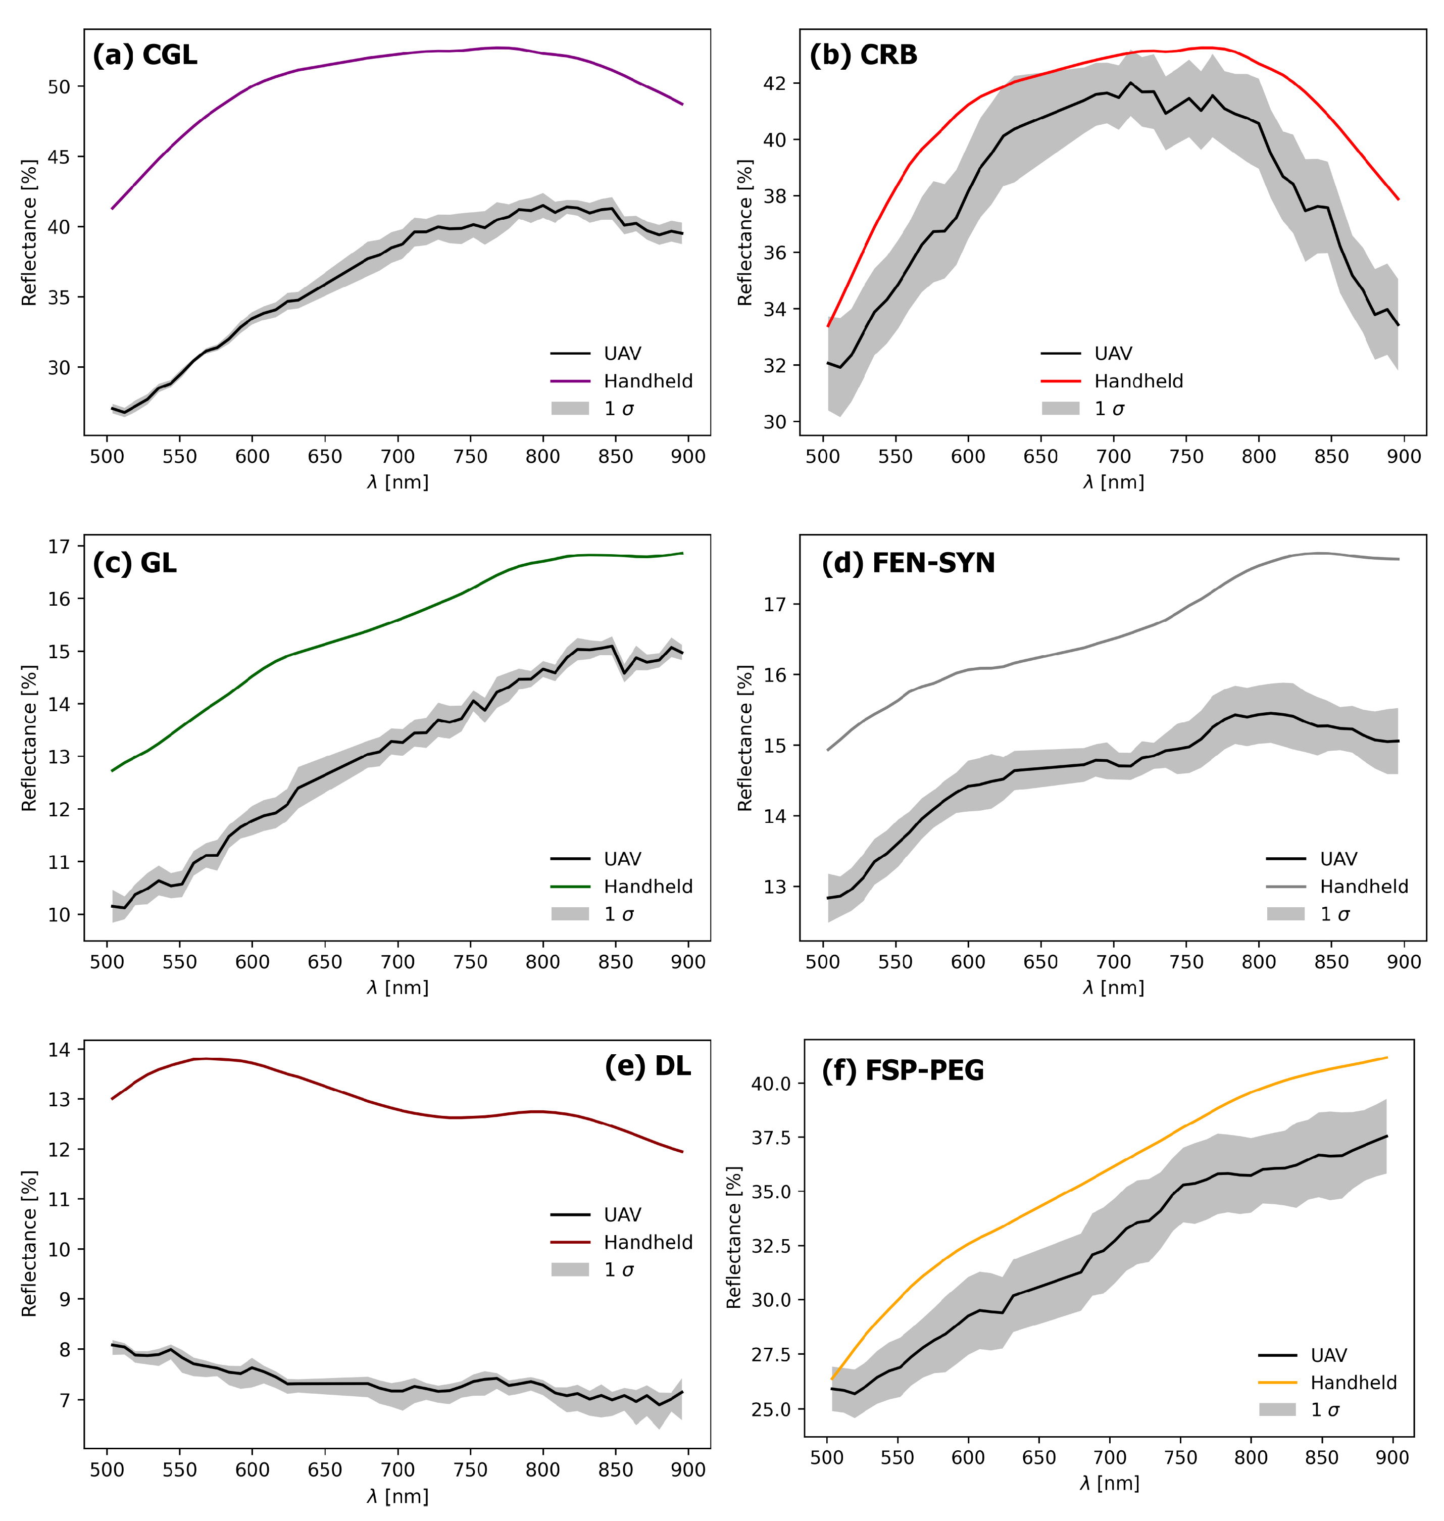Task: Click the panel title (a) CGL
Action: click(145, 56)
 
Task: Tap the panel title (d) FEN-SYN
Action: click(908, 563)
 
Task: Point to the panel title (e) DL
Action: click(648, 1066)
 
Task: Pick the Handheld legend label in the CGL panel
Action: click(648, 381)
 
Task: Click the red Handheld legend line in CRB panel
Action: click(1061, 381)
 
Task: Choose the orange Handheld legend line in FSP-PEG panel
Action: click(1278, 1383)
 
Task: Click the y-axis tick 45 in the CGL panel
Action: click(59, 157)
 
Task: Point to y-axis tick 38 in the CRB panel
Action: click(775, 197)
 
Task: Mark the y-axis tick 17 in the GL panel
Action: click(59, 547)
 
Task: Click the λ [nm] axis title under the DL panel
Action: click(397, 1496)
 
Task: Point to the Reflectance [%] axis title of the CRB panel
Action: click(744, 232)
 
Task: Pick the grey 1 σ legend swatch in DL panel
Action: click(570, 1270)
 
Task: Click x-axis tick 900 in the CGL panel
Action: click(688, 457)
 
